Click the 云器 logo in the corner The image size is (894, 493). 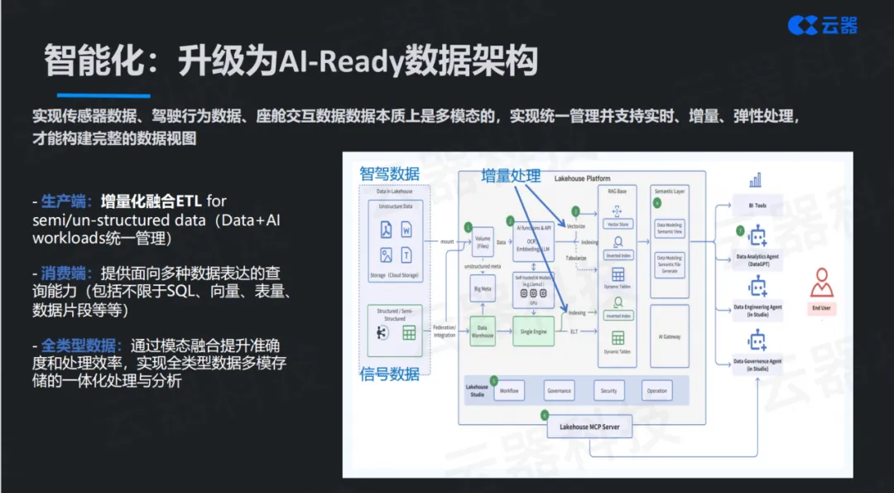(822, 25)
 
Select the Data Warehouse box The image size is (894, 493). (483, 329)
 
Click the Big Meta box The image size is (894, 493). (483, 291)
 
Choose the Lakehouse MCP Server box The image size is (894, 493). (590, 428)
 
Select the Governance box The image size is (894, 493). (559, 390)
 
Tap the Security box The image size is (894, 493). (608, 390)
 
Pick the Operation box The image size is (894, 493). (656, 390)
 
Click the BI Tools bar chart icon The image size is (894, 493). (754, 181)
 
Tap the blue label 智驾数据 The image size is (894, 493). (389, 174)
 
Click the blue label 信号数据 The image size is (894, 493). (389, 374)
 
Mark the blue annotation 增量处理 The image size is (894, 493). (512, 176)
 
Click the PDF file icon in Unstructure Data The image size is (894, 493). (386, 230)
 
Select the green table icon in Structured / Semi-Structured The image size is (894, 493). (408, 333)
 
